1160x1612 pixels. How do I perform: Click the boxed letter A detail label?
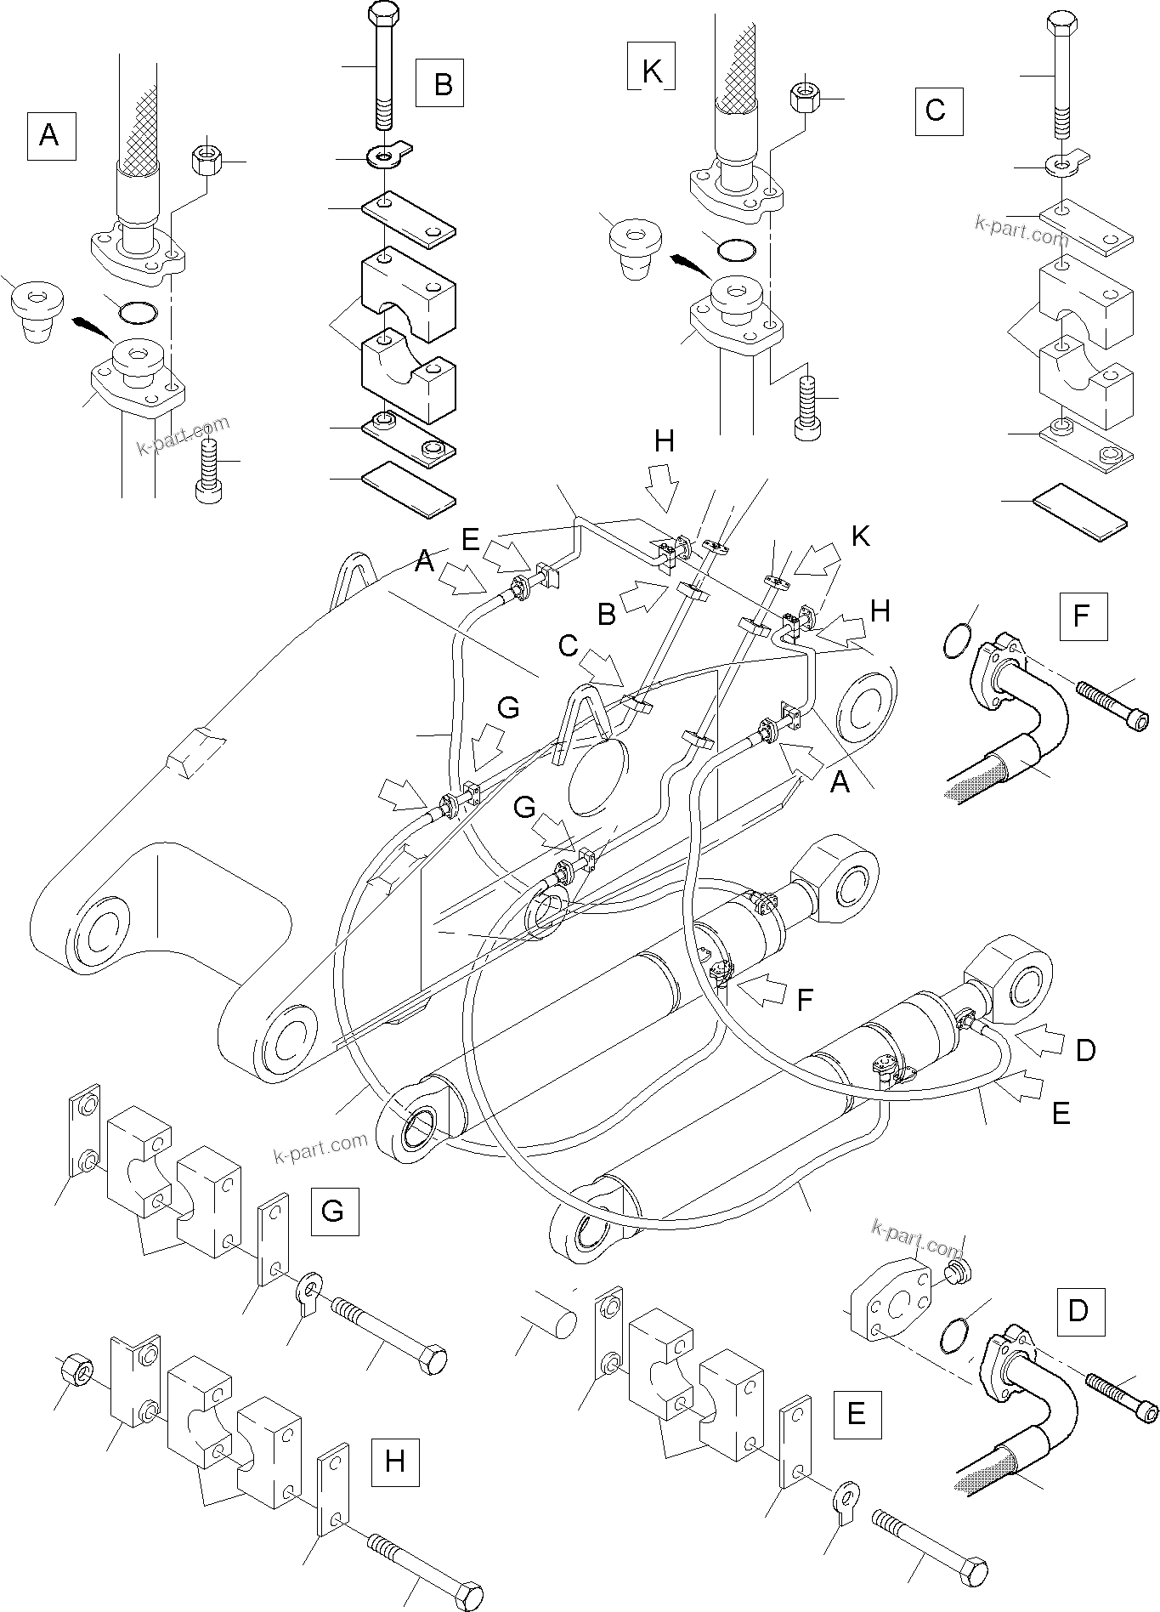coord(51,135)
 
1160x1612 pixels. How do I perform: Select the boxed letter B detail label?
coord(439,83)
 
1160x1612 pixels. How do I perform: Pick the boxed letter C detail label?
coord(938,111)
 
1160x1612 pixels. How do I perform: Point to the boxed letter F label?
coord(1083,616)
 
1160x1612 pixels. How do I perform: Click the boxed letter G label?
coord(333,1210)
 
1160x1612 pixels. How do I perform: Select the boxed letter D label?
coord(1078,1334)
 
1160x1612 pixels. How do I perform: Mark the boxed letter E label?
coord(857,1413)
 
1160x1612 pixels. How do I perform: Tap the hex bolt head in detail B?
coord(382,15)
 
